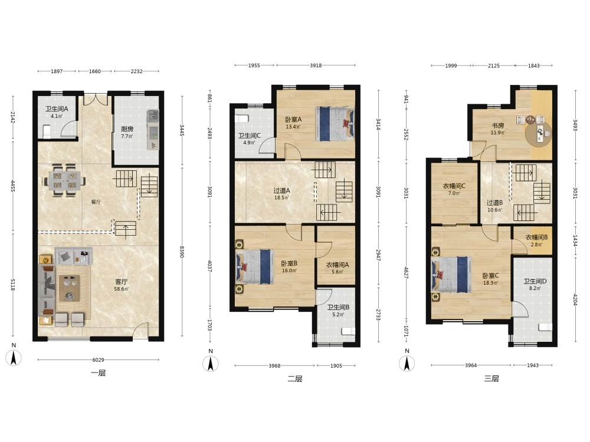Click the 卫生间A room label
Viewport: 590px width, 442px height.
[x=57, y=109]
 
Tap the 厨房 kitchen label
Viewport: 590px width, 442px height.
[x=127, y=129]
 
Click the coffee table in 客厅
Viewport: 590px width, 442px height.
[x=69, y=288]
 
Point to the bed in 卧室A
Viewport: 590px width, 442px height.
[x=335, y=124]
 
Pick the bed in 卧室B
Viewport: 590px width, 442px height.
[x=254, y=267]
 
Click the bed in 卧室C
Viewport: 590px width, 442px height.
[x=451, y=275]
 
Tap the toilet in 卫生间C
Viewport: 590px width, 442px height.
[x=242, y=119]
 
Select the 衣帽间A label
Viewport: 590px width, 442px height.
[x=337, y=265]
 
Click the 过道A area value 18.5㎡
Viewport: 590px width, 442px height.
[x=281, y=197]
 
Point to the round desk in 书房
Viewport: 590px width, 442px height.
[x=539, y=133]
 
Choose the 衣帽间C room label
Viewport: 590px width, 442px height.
[x=454, y=186]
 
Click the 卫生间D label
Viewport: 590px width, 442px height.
[x=535, y=281]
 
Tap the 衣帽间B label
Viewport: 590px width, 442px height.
[x=536, y=238]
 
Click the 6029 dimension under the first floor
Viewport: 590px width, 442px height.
[x=98, y=359]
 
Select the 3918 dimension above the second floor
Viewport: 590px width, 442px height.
[x=316, y=65]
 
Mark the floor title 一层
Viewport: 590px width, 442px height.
[x=98, y=373]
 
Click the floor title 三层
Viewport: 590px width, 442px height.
[x=491, y=378]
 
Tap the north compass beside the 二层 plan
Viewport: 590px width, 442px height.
[x=211, y=362]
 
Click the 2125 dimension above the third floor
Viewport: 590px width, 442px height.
[x=494, y=66]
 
